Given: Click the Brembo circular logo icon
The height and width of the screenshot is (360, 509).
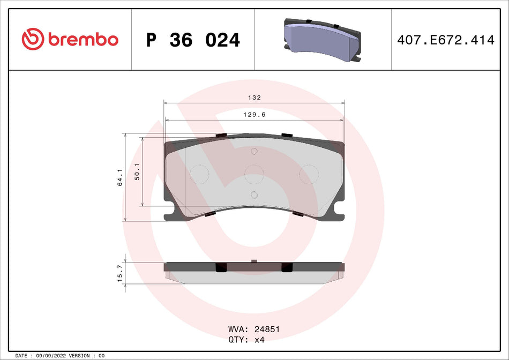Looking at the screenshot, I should pos(33,40).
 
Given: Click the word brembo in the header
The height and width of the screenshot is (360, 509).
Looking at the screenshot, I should pos(83,40).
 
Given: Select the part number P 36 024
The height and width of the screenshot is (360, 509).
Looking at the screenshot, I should pos(193,40).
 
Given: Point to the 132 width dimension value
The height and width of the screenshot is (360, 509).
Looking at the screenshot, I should pos(254,97).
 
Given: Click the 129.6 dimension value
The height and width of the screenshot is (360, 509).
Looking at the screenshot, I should pos(254,115).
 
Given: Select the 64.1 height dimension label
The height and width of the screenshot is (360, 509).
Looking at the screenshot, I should pos(120,177).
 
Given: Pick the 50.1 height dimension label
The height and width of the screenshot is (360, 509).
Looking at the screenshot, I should pos(137,171).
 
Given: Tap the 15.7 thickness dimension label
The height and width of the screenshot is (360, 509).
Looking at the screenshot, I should pos(120,273).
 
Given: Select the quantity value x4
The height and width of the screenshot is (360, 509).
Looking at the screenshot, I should pos(259,340).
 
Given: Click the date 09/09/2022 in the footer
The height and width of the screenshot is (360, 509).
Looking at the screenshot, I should pos(50,356).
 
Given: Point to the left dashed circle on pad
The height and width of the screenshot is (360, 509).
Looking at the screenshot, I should pos(199,174).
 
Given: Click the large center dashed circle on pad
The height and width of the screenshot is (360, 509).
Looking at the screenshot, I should pos(254,174).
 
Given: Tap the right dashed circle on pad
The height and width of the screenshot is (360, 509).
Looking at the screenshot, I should pos(309,174).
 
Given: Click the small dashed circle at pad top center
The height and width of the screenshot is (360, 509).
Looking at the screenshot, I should pos(254,152).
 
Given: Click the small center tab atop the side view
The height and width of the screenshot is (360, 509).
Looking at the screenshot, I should pos(254,261).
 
